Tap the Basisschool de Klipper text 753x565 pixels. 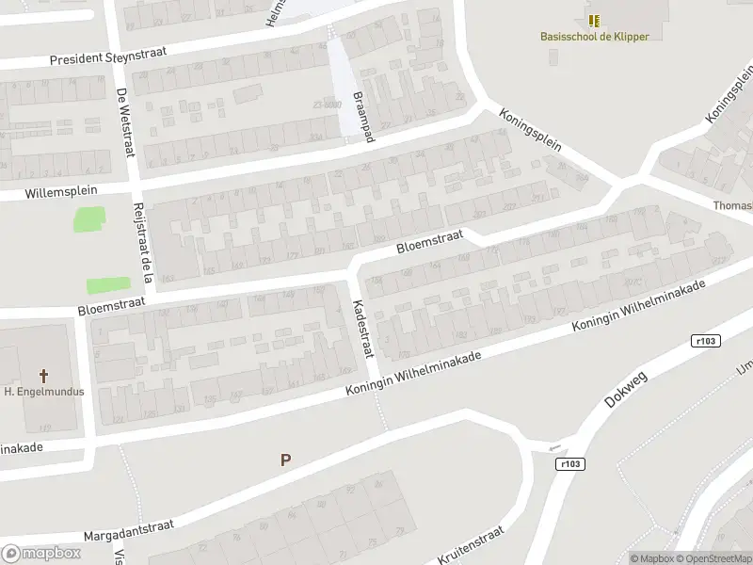594,37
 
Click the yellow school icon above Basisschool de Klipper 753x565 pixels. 594,20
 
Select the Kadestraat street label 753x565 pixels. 362,329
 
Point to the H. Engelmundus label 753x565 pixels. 44,391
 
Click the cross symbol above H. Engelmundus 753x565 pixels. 44,375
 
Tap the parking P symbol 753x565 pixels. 285,460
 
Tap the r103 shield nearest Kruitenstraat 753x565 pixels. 570,463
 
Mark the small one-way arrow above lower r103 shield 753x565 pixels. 555,447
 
